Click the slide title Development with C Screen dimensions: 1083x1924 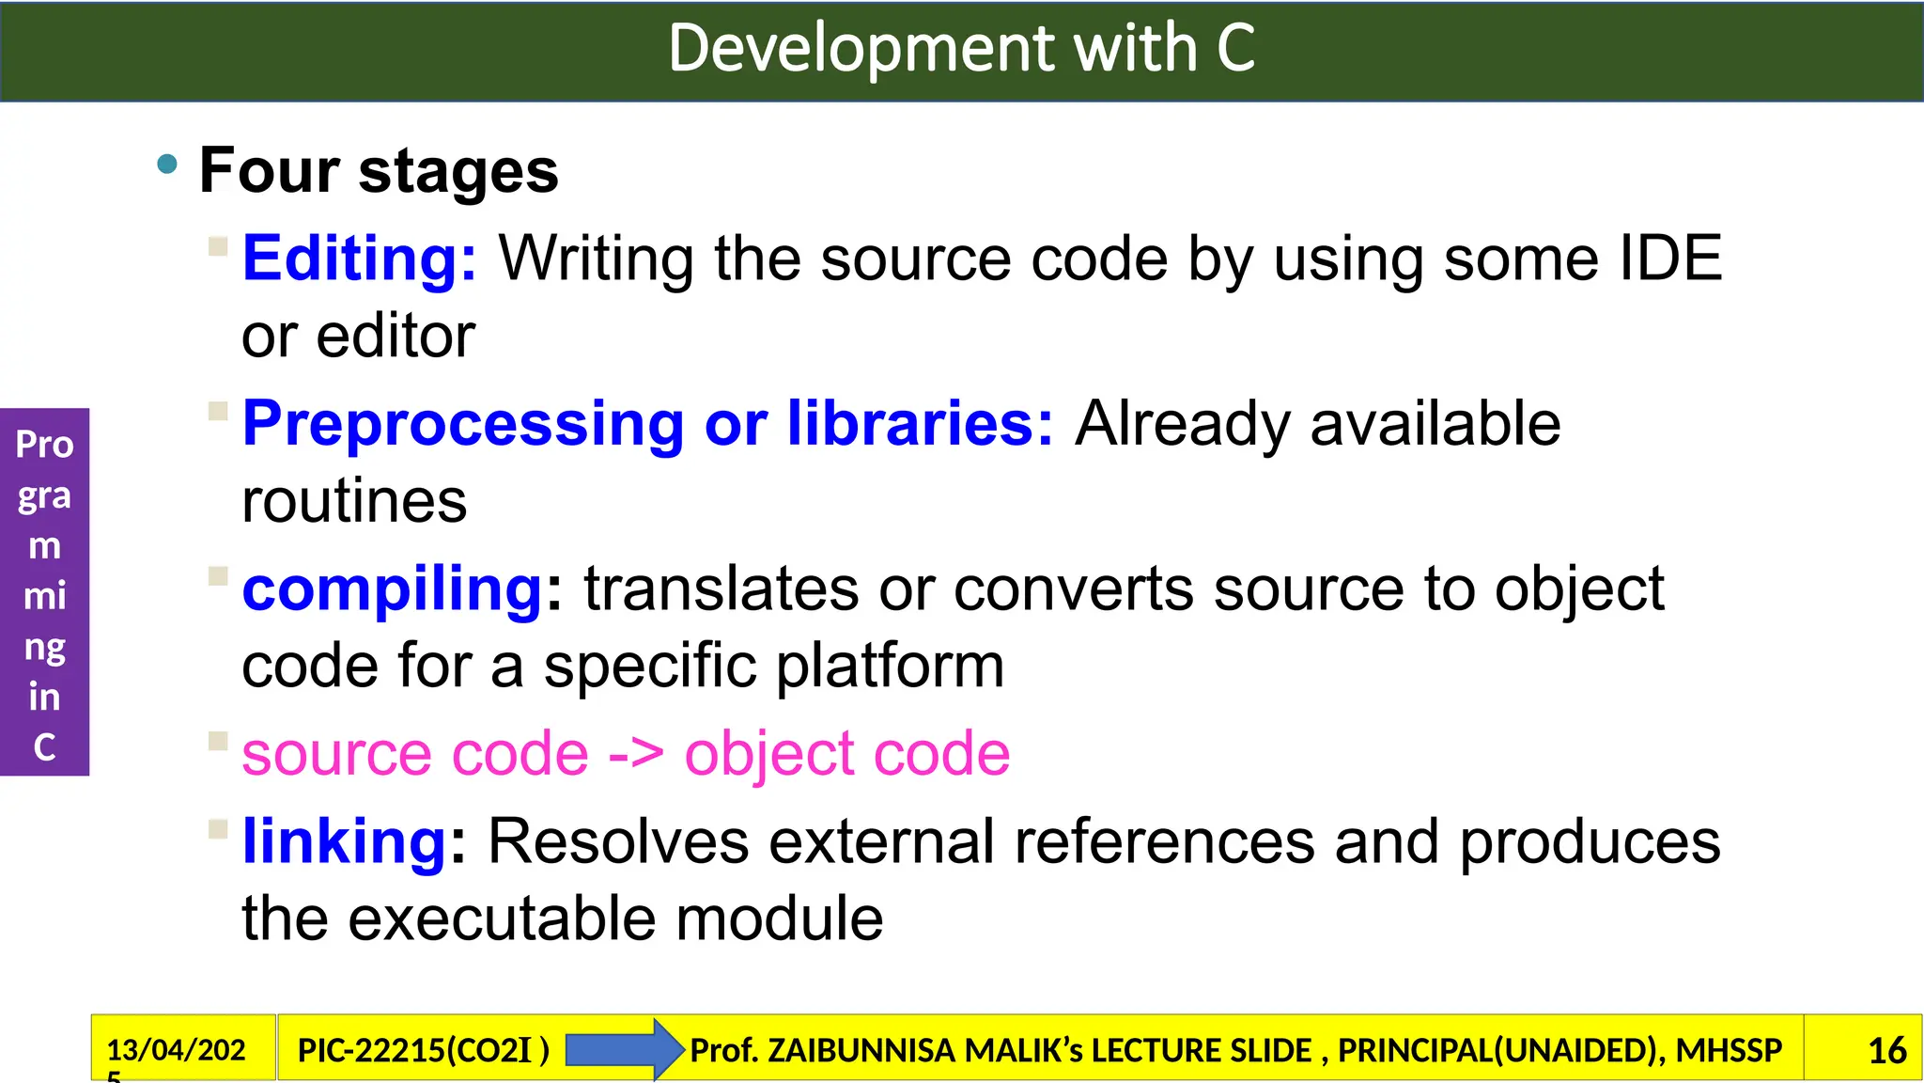click(961, 49)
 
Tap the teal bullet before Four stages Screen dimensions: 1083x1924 click(167, 165)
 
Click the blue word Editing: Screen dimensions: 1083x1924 click(360, 259)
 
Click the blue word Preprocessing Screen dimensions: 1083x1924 click(462, 425)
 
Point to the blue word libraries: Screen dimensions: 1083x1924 click(920, 423)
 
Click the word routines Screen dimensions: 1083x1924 click(354, 501)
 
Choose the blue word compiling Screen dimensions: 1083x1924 click(392, 590)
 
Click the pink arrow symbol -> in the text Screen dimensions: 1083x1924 click(636, 754)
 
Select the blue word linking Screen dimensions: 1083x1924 click(344, 841)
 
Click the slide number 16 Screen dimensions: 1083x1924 click(1886, 1050)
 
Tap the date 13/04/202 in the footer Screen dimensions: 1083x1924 click(176, 1049)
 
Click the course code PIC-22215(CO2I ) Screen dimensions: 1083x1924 click(423, 1050)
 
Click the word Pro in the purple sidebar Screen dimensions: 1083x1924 click(44, 445)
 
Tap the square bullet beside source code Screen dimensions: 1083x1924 click(218, 741)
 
